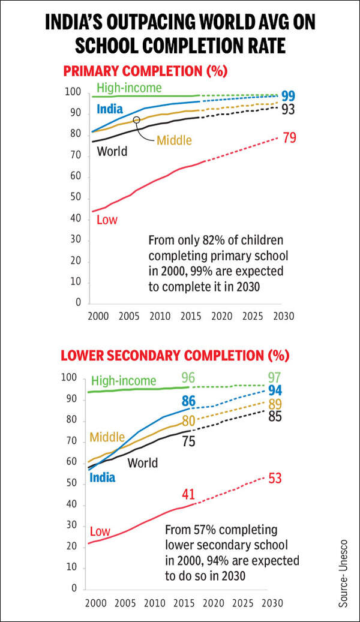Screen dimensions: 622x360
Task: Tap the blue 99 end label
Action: tap(288, 97)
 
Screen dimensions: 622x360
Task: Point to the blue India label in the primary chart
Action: tap(110, 109)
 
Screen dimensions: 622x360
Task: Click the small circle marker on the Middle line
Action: tap(136, 120)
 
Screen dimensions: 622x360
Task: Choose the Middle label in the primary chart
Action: tap(174, 140)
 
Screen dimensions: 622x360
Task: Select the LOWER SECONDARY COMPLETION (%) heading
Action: tap(175, 355)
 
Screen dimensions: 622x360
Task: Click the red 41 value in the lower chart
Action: tap(188, 494)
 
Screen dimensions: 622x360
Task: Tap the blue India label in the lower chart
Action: tap(102, 477)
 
